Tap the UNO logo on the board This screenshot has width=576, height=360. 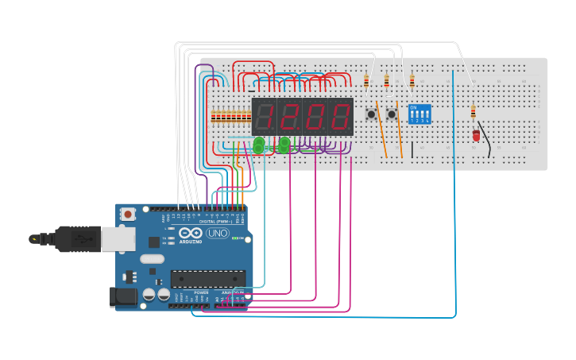(217, 234)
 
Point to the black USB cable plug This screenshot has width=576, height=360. (72, 238)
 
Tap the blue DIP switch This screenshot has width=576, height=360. (419, 114)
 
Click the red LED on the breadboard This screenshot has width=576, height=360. (476, 136)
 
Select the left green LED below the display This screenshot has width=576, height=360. (259, 145)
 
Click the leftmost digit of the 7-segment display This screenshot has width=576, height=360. (265, 117)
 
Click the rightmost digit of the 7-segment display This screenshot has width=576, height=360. (340, 117)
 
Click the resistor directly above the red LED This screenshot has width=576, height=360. (474, 112)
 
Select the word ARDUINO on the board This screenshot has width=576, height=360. (191, 241)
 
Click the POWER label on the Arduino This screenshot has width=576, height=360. (201, 292)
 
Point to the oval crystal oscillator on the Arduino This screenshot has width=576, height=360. (152, 258)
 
